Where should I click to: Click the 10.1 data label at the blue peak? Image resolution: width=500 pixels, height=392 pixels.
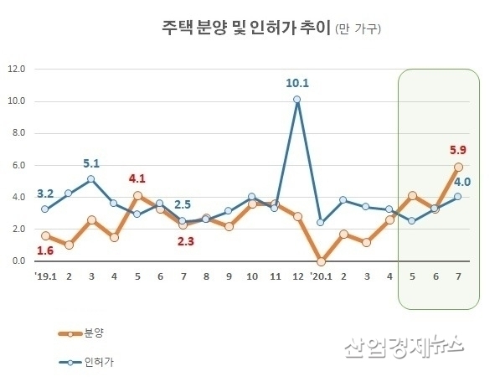click(297, 83)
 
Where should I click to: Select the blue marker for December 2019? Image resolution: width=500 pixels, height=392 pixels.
click(296, 99)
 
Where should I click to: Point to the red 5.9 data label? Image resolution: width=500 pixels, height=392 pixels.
click(458, 150)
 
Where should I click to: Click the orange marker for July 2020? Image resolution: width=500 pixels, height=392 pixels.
click(458, 167)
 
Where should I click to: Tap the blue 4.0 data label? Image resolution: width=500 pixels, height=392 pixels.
click(461, 181)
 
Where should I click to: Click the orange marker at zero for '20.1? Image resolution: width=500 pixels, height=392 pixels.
click(321, 261)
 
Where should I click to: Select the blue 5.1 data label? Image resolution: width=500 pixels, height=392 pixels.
click(90, 163)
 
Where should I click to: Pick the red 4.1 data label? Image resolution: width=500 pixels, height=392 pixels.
click(137, 178)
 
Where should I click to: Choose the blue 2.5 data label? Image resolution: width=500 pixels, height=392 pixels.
click(183, 205)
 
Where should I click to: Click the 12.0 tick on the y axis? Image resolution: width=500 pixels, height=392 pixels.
click(18, 69)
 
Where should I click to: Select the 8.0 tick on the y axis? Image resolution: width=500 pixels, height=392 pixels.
click(18, 133)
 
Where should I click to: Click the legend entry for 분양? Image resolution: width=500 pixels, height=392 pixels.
click(94, 333)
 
